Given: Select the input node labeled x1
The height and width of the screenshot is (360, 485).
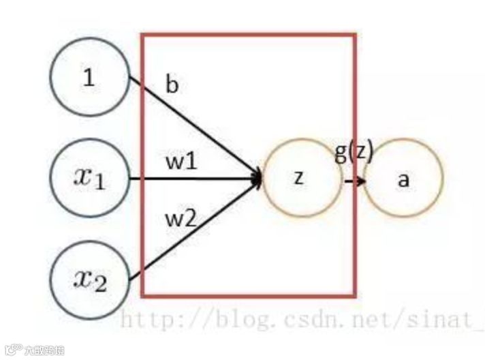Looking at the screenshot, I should [x=89, y=179].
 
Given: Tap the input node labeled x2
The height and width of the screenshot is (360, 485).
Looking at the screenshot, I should [x=89, y=280].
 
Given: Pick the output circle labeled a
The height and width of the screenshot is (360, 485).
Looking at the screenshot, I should [x=403, y=179].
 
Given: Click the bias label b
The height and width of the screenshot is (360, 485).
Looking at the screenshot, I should [x=172, y=86].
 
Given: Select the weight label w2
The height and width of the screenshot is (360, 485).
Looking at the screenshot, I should [x=181, y=220].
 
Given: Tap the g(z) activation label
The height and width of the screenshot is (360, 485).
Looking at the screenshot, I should [x=354, y=152].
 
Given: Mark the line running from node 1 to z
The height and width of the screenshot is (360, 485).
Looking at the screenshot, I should [x=198, y=130].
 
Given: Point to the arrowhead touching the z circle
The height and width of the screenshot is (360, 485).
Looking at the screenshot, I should [x=257, y=179].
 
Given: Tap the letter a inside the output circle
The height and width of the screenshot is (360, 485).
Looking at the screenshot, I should [x=403, y=180].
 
